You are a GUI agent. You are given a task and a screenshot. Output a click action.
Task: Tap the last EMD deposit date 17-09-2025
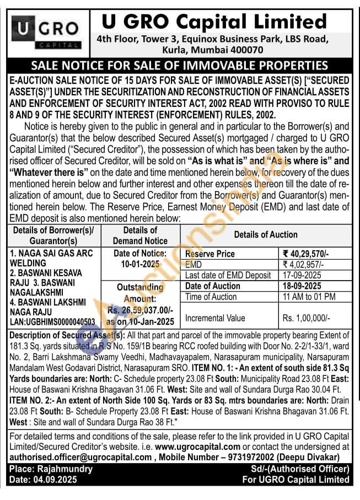pyautogui.click(x=302, y=275)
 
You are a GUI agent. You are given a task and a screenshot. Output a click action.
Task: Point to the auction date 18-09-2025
pyautogui.click(x=302, y=286)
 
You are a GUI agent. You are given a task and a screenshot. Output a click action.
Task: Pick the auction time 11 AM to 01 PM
pyautogui.click(x=309, y=297)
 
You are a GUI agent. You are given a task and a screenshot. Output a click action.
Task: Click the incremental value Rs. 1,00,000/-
pyautogui.click(x=307, y=318)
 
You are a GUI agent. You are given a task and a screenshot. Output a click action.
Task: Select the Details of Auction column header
pyautogui.click(x=266, y=234)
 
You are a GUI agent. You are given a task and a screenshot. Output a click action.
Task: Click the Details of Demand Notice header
pyautogui.click(x=140, y=235)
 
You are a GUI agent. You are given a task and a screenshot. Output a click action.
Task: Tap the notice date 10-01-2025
pyautogui.click(x=140, y=264)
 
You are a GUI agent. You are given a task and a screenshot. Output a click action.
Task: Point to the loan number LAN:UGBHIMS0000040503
pyautogui.click(x=52, y=321)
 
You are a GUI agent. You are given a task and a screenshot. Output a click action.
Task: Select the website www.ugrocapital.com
pyautogui.click(x=198, y=447)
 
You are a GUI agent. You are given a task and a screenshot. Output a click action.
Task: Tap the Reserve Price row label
pyautogui.click(x=210, y=254)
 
